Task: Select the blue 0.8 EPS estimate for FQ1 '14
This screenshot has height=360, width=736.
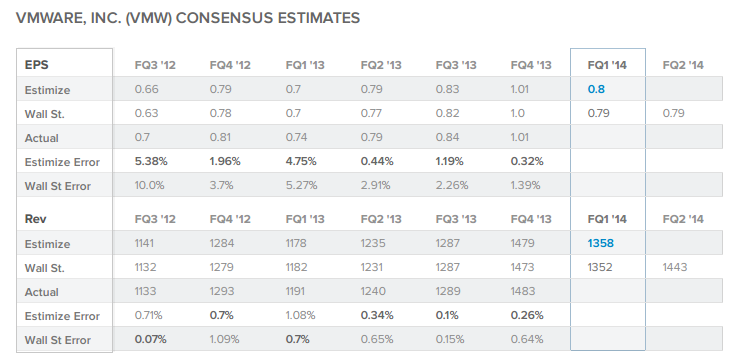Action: tap(597, 89)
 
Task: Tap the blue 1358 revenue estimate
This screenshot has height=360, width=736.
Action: tap(602, 243)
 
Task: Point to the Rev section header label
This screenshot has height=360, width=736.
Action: tap(35, 218)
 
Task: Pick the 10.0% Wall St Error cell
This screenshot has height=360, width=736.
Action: tap(149, 185)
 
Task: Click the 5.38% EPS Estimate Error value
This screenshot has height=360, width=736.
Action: tap(154, 161)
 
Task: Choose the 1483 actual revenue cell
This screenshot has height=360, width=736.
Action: tap(525, 291)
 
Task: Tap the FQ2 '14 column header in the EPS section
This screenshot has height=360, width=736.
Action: tap(683, 65)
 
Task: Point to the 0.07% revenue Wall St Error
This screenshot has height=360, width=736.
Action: tap(154, 340)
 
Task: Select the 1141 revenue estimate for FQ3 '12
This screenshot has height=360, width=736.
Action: tap(147, 243)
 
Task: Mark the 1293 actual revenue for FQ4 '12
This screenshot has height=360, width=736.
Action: tap(224, 291)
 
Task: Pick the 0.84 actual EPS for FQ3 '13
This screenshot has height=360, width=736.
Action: tap(448, 137)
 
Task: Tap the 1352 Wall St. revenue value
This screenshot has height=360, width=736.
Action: tap(602, 267)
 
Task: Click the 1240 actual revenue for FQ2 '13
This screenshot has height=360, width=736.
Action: tap(374, 291)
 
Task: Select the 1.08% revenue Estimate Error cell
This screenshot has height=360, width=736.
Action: tap(301, 316)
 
